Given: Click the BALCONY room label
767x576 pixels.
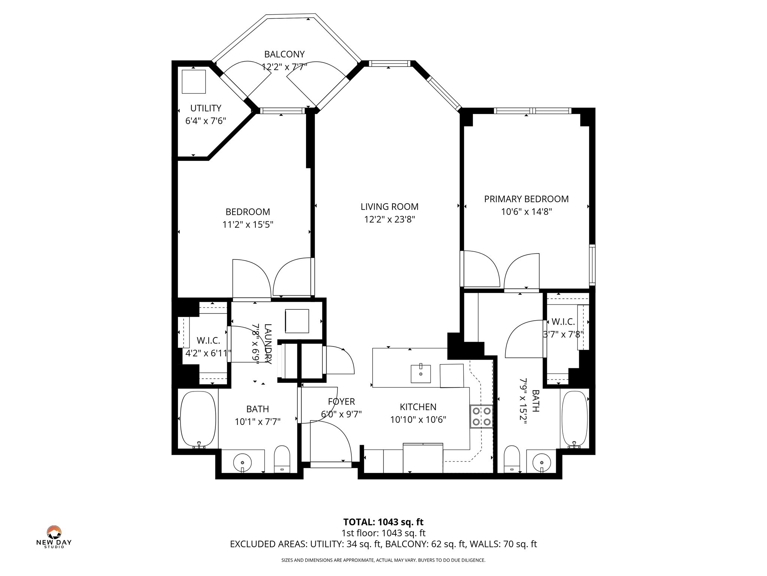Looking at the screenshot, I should pyautogui.click(x=284, y=54).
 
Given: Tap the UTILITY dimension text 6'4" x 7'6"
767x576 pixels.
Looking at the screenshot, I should pyautogui.click(x=206, y=121).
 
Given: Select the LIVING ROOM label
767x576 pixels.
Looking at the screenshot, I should pyautogui.click(x=389, y=207).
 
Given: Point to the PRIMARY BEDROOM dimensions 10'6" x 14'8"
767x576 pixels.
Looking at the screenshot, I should pyautogui.click(x=526, y=212).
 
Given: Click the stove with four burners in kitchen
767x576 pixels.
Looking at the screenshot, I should pyautogui.click(x=482, y=416).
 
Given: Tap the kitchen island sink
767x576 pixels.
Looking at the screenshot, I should pyautogui.click(x=421, y=373).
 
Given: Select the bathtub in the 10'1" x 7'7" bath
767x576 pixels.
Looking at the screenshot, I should pyautogui.click(x=198, y=418).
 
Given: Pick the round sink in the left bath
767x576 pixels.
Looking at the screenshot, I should pyautogui.click(x=243, y=460).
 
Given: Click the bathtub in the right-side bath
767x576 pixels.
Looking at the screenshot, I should pyautogui.click(x=575, y=418).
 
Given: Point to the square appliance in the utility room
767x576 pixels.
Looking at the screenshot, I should pyautogui.click(x=194, y=81).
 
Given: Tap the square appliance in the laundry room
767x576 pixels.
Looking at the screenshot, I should pyautogui.click(x=297, y=321).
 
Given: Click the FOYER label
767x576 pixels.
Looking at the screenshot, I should pyautogui.click(x=341, y=402).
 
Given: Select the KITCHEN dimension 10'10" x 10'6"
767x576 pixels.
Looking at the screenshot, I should pyautogui.click(x=418, y=420).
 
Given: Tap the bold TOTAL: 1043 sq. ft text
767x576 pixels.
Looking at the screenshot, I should pyautogui.click(x=383, y=522).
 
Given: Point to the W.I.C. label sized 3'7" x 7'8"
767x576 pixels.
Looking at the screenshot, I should pyautogui.click(x=563, y=322).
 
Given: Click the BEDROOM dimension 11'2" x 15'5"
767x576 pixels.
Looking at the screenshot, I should pyautogui.click(x=248, y=225).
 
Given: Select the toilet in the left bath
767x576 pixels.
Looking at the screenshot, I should pyautogui.click(x=282, y=459).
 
